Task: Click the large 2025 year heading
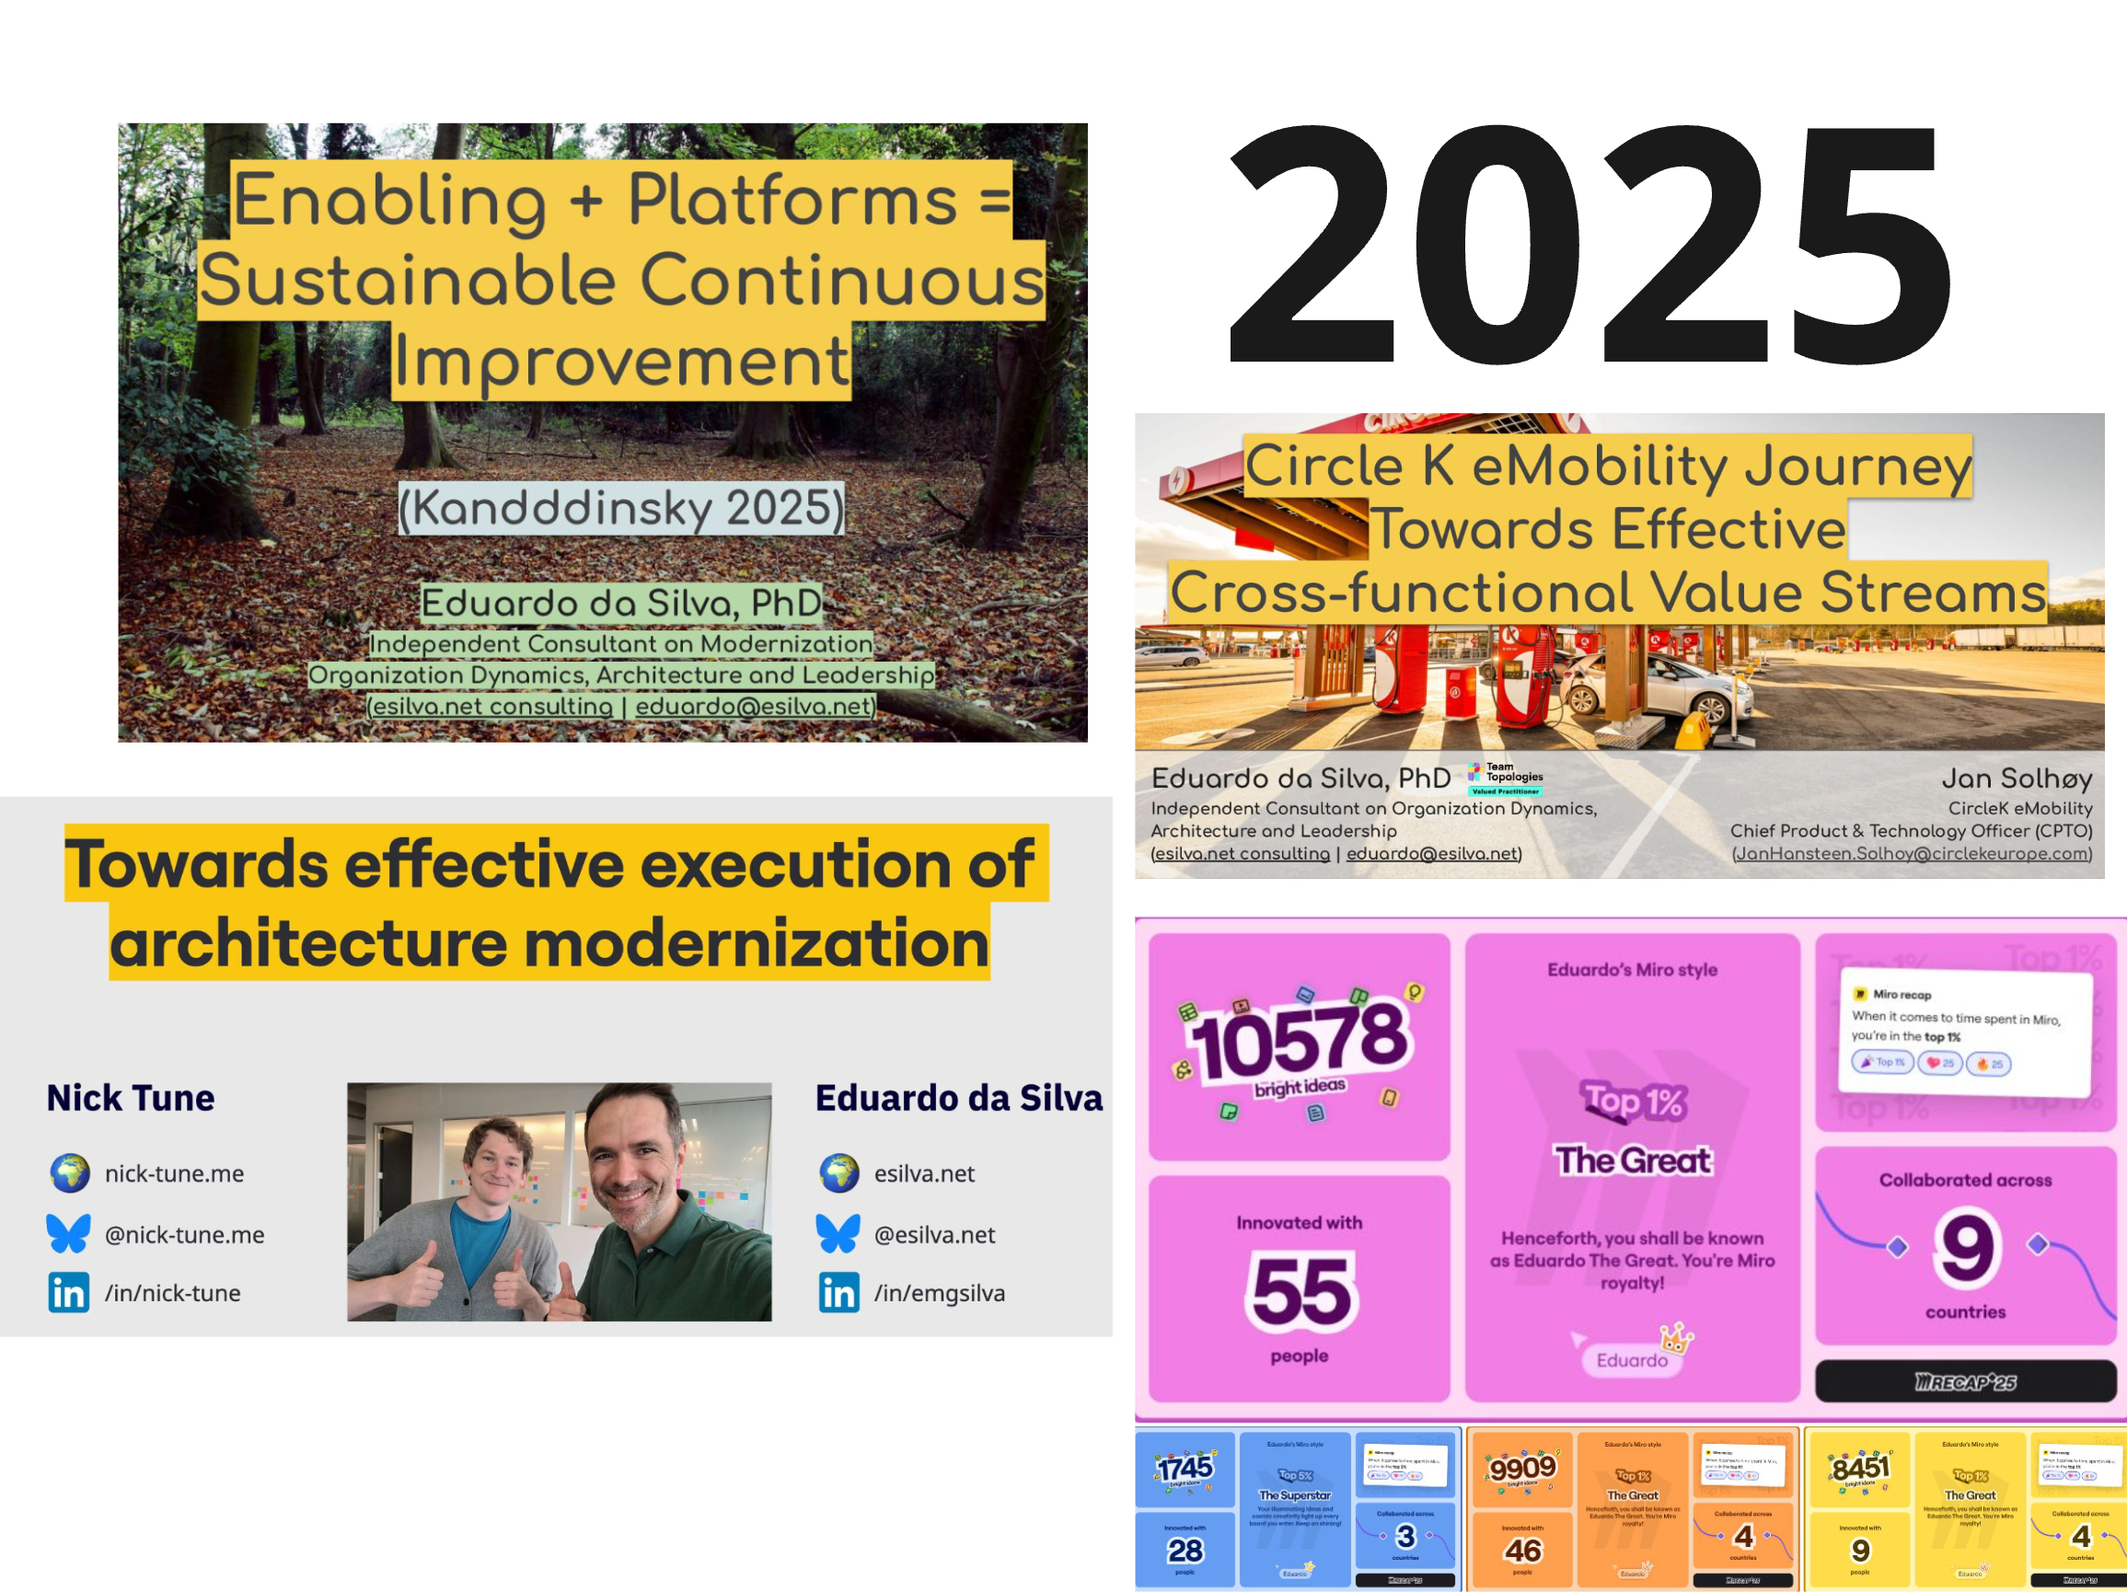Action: click(x=1591, y=245)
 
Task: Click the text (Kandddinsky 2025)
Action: click(x=621, y=508)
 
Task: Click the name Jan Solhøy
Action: click(x=2017, y=778)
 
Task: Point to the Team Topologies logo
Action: click(x=1505, y=778)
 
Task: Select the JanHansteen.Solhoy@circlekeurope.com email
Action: click(x=1913, y=854)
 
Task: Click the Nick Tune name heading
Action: click(x=131, y=1098)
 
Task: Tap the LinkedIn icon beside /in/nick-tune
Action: click(x=69, y=1292)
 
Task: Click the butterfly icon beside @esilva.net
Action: click(x=838, y=1233)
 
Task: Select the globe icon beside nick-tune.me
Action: click(x=69, y=1173)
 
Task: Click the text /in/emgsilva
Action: click(x=939, y=1293)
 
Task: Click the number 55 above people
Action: click(x=1301, y=1291)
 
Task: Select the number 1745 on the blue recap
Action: click(x=1185, y=1468)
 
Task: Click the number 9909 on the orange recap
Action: click(x=1522, y=1467)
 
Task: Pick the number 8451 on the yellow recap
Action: click(x=1860, y=1468)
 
